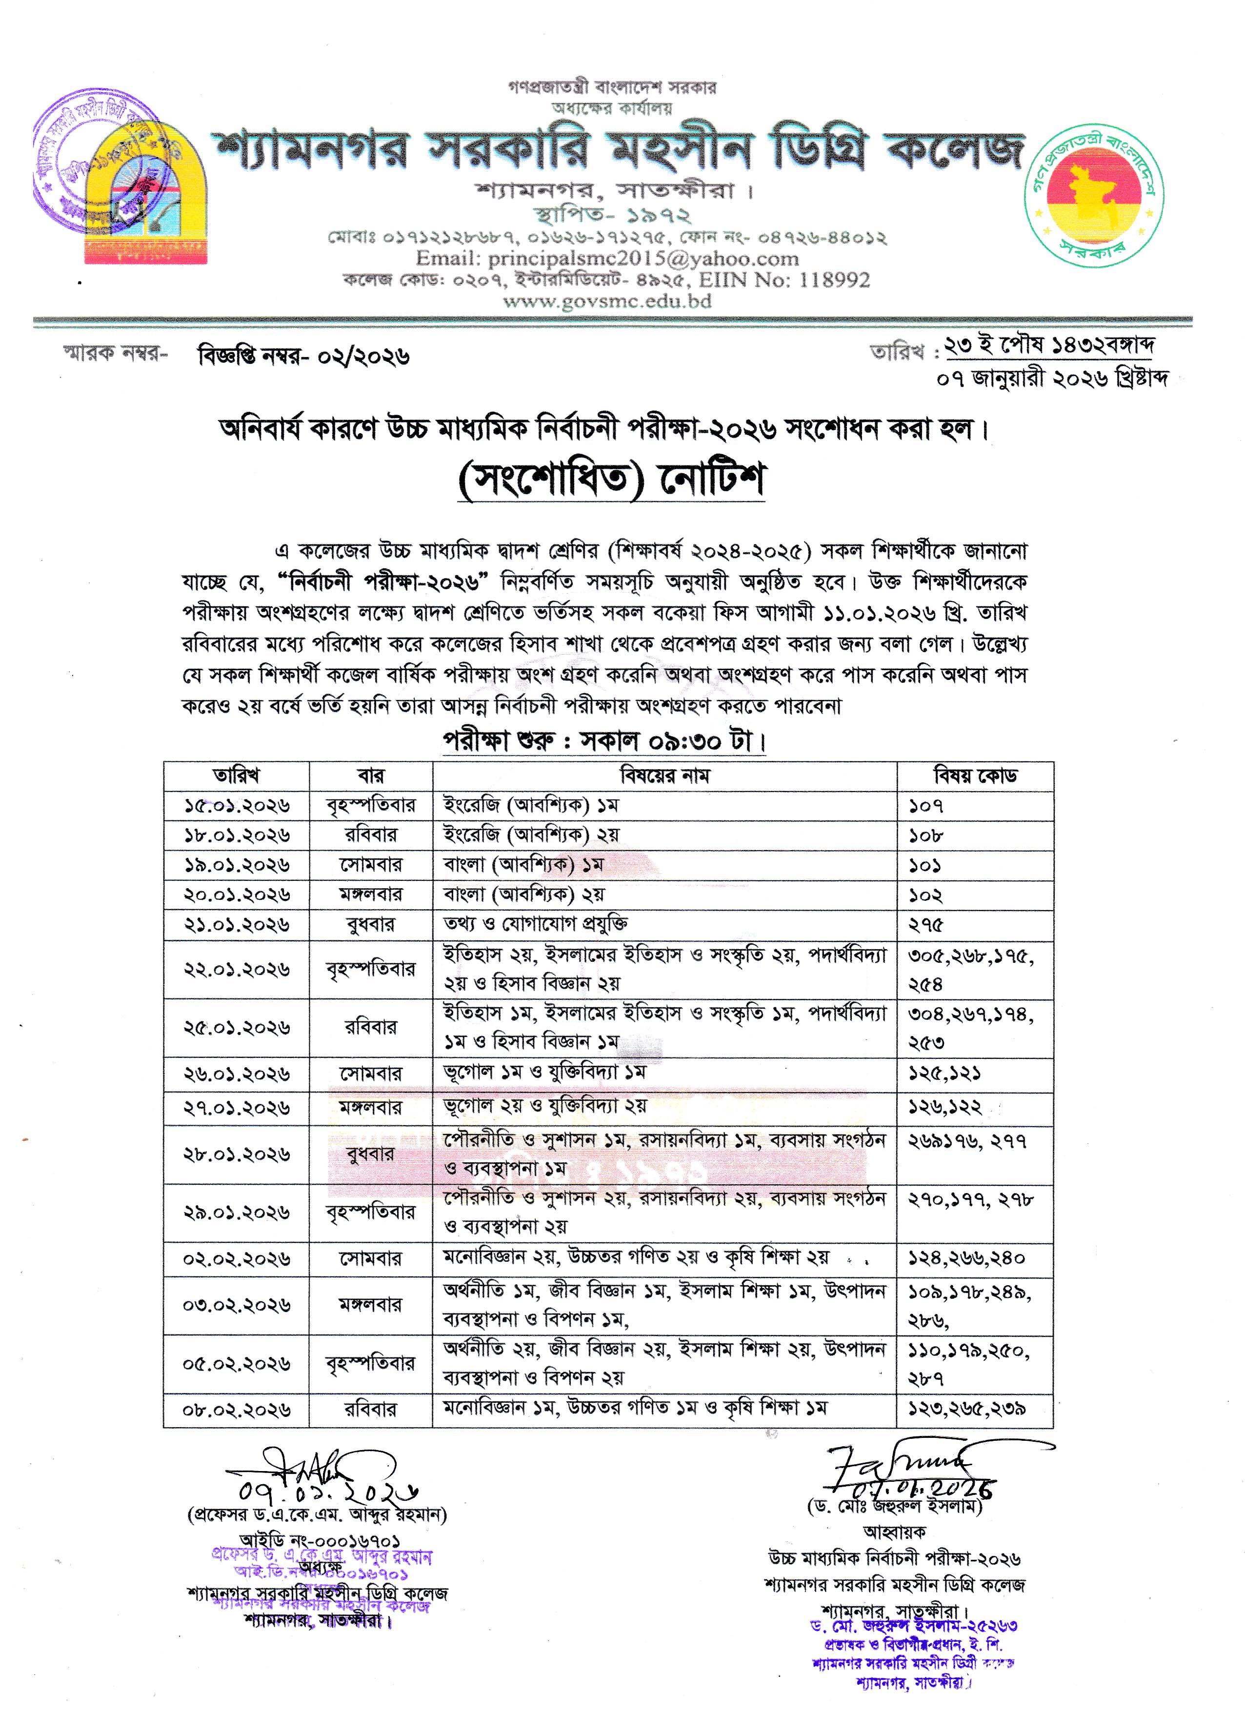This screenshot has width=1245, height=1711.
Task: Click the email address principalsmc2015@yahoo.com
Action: [x=607, y=259]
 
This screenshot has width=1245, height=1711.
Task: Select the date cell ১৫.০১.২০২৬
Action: [x=236, y=806]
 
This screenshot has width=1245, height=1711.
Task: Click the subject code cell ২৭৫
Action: [x=926, y=925]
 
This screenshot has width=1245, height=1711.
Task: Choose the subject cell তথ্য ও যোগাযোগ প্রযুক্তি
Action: [x=536, y=924]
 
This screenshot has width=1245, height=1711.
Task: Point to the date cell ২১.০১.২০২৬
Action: [x=236, y=925]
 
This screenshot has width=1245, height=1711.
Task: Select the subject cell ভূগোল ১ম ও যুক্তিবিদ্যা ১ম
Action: [x=545, y=1073]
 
